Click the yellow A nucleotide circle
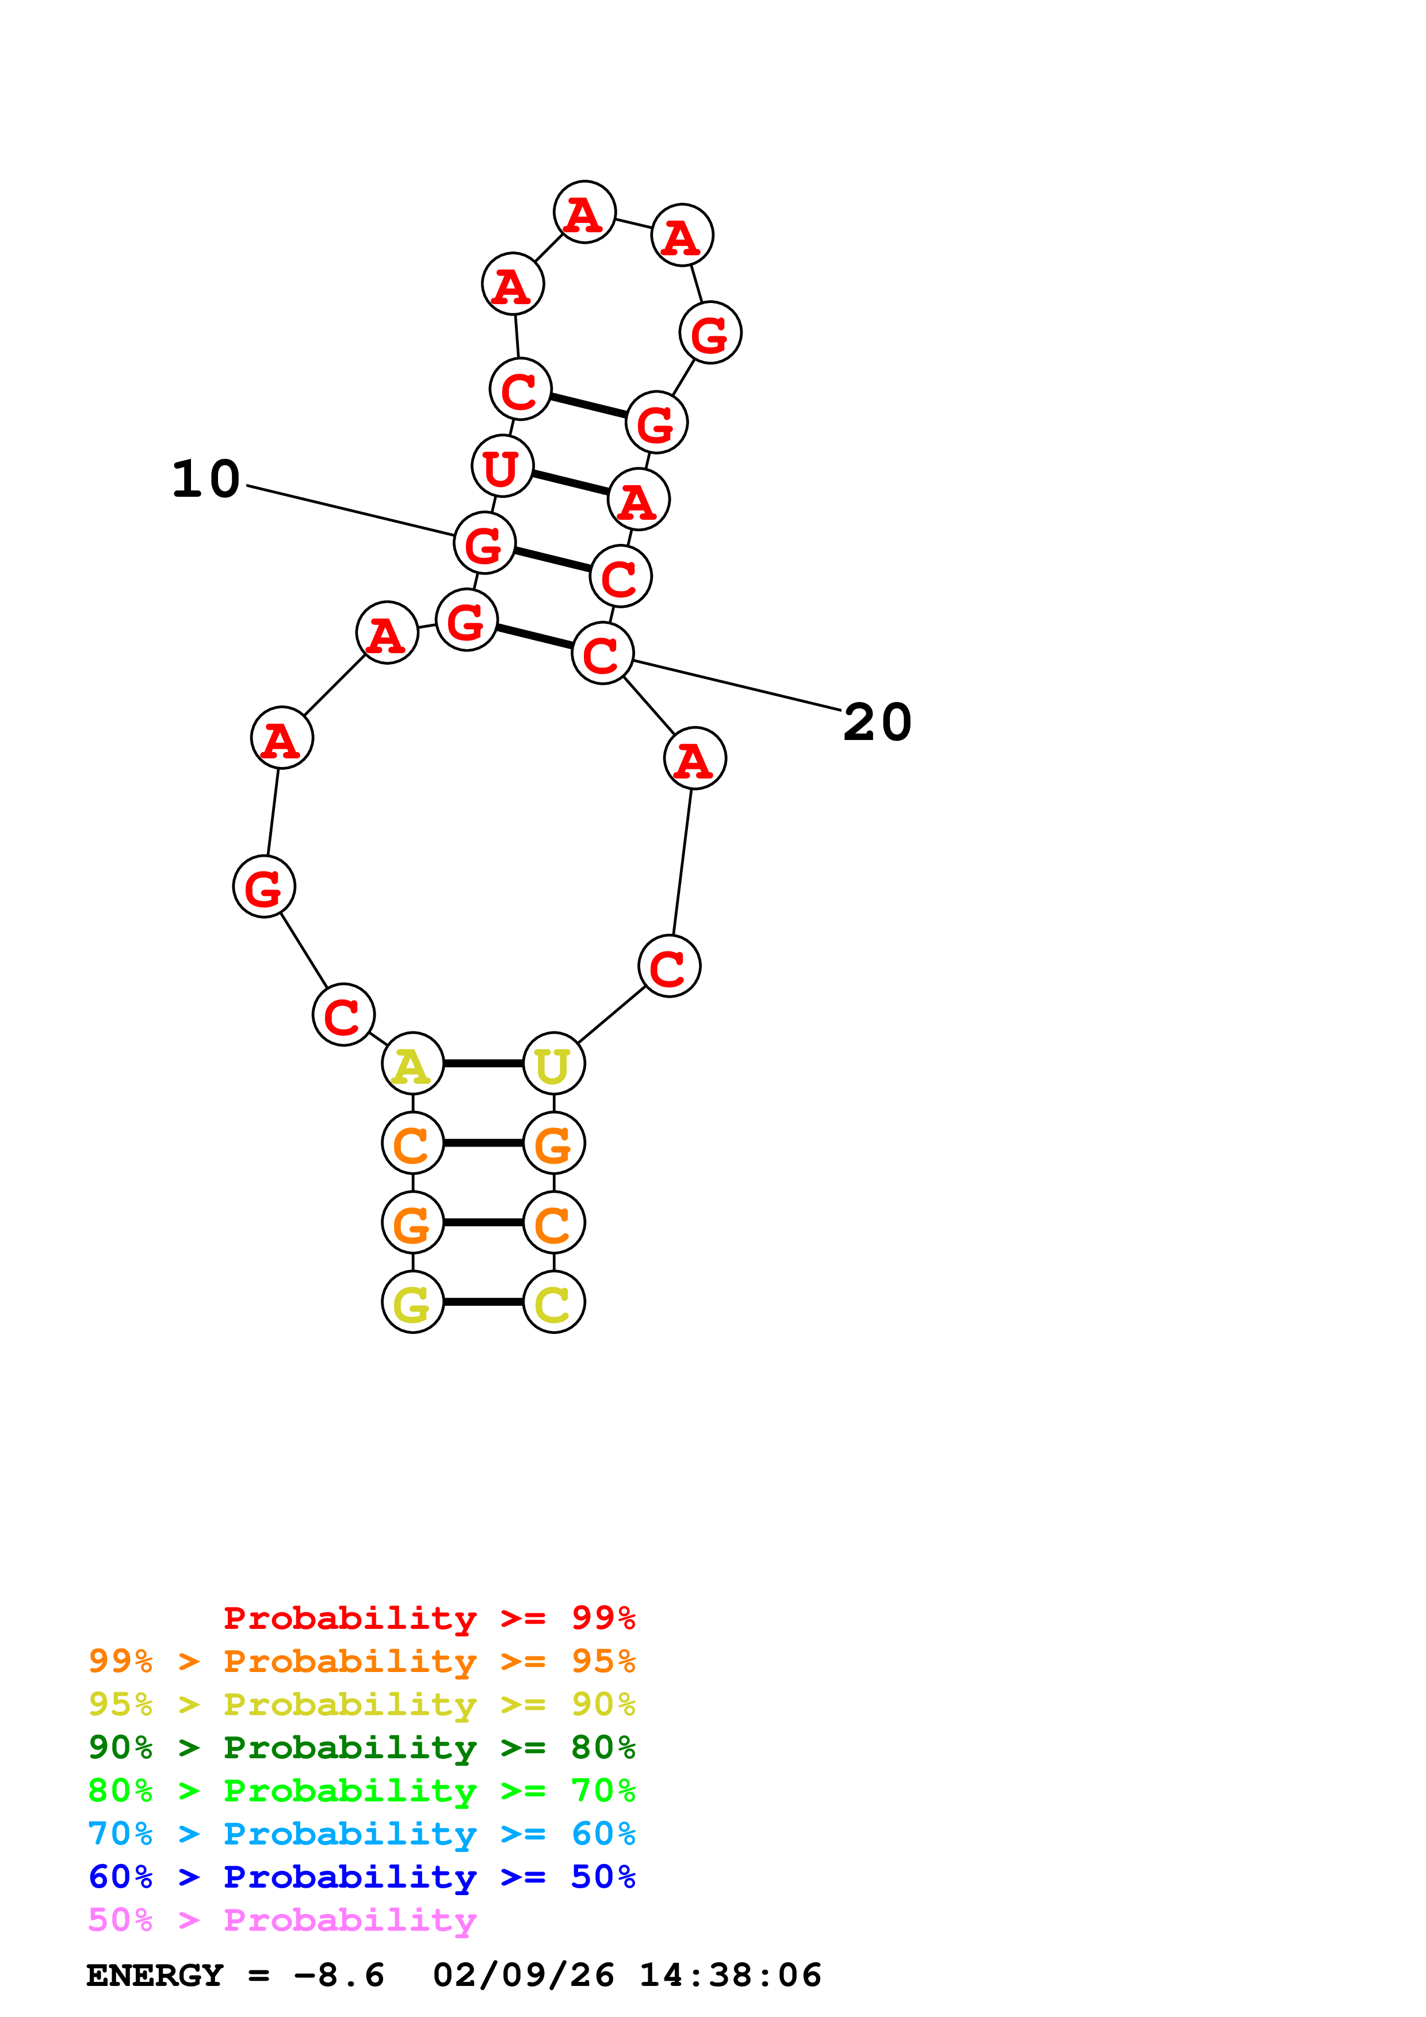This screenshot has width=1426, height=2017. pos(412,1063)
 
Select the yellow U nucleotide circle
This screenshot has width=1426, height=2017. pos(553,1063)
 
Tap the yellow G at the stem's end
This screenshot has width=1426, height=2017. pos(412,1301)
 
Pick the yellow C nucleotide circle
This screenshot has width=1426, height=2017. pos(553,1301)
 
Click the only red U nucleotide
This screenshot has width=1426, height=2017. pos(502,466)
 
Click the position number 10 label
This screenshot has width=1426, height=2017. pos(205,479)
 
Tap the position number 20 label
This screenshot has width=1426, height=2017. pos(877,722)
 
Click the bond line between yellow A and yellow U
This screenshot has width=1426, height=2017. pos(483,1063)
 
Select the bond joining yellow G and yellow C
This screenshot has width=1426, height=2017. pos(483,1301)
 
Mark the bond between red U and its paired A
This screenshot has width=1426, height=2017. pos(570,482)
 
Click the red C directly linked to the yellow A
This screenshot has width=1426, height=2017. pos(343,1015)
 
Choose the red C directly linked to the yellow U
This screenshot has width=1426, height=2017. pos(668,967)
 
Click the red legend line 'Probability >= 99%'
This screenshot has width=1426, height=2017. pos(429,1618)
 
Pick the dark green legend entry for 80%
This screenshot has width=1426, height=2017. pos(361,1747)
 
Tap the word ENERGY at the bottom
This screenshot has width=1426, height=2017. pos(155,1975)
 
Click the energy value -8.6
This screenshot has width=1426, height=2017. pos(339,1975)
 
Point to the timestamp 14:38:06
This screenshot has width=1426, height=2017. pos(729,1975)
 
